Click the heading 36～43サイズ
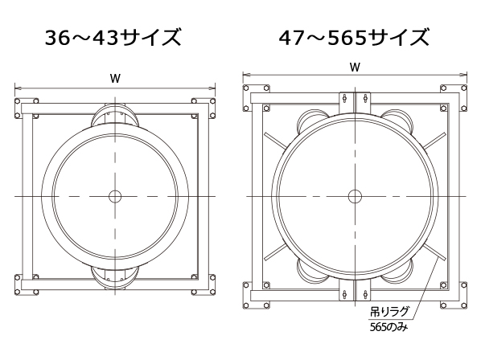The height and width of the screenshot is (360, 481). click(113, 38)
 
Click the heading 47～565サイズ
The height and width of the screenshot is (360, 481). click(354, 38)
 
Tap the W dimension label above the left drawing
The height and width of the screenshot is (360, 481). click(115, 79)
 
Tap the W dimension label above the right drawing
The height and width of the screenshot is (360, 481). click(355, 67)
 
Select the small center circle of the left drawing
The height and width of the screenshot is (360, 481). click(115, 196)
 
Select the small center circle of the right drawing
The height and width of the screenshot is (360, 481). click(355, 196)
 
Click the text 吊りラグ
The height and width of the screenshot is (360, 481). click(389, 312)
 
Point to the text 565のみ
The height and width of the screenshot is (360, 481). click(388, 327)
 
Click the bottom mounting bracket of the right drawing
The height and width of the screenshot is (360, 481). click(355, 290)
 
